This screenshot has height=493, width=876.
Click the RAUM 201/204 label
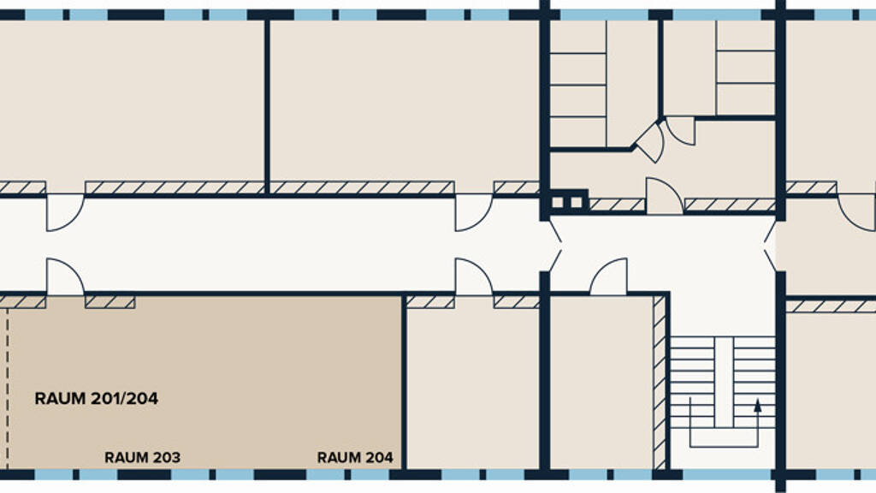tap(96, 399)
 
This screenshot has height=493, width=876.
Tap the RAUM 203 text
tap(143, 458)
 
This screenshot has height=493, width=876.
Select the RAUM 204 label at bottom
tap(355, 458)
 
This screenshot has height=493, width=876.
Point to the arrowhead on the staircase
tap(758, 405)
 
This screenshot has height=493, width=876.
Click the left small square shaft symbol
tap(558, 202)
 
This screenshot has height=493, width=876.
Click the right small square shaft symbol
tap(576, 202)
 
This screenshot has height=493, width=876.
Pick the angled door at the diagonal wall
tap(650, 141)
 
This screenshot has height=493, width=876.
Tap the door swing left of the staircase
tap(609, 276)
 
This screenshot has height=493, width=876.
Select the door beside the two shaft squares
tap(664, 196)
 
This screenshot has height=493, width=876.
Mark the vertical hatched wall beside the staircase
tap(660, 383)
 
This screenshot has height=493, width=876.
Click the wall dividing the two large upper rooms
tap(267, 106)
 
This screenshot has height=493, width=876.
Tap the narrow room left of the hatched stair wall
tap(601, 383)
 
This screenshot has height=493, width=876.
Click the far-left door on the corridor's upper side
tap(65, 212)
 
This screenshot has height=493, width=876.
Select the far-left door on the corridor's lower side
tap(65, 276)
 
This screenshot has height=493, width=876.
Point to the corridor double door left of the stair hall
tap(555, 246)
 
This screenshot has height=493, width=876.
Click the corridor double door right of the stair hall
tap(770, 246)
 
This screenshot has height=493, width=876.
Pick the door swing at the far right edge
tap(856, 212)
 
